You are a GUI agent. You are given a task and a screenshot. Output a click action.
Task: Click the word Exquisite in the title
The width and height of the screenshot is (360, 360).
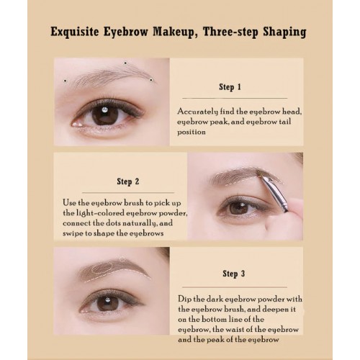(x=75, y=32)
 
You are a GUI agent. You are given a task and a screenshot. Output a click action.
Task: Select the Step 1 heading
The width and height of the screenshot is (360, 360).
(x=230, y=87)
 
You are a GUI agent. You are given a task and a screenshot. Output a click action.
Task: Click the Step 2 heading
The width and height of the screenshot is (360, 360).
(x=128, y=181)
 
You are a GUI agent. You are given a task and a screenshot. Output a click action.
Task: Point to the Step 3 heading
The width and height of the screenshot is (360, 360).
(x=234, y=274)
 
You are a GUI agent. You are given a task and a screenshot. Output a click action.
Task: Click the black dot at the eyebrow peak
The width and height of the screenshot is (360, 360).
(x=125, y=63)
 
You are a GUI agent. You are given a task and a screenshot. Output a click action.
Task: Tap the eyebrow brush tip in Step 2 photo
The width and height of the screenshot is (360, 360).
(x=259, y=174)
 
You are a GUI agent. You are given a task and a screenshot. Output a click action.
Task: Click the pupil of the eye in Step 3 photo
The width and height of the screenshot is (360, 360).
(x=107, y=303)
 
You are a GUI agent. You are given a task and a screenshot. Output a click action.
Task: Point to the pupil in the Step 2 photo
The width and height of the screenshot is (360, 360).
(x=239, y=208)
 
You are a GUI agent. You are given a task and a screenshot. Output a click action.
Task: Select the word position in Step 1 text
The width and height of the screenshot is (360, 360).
(x=192, y=132)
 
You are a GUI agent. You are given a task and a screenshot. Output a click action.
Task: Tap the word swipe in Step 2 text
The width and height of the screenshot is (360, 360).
(x=73, y=233)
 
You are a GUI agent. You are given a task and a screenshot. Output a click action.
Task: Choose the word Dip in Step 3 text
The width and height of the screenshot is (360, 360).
(x=184, y=300)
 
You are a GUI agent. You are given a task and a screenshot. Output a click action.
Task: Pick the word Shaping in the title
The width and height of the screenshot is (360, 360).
(x=284, y=32)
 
